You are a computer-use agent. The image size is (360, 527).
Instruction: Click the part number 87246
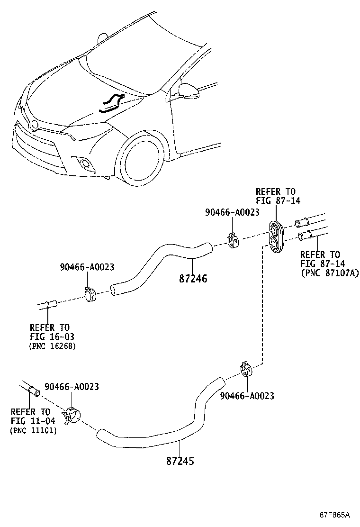[x=193, y=279]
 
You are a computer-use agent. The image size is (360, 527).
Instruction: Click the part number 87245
[x=180, y=460]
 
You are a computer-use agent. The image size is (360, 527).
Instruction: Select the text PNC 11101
[x=33, y=430]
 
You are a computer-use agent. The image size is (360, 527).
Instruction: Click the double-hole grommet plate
[x=275, y=236]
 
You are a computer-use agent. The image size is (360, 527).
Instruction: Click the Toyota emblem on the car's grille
[x=34, y=124]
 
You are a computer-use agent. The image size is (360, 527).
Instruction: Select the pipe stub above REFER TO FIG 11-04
[x=32, y=390]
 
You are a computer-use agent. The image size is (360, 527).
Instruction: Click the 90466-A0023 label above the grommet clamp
[x=232, y=213]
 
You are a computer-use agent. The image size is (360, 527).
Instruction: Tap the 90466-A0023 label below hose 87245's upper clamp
[x=247, y=396]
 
